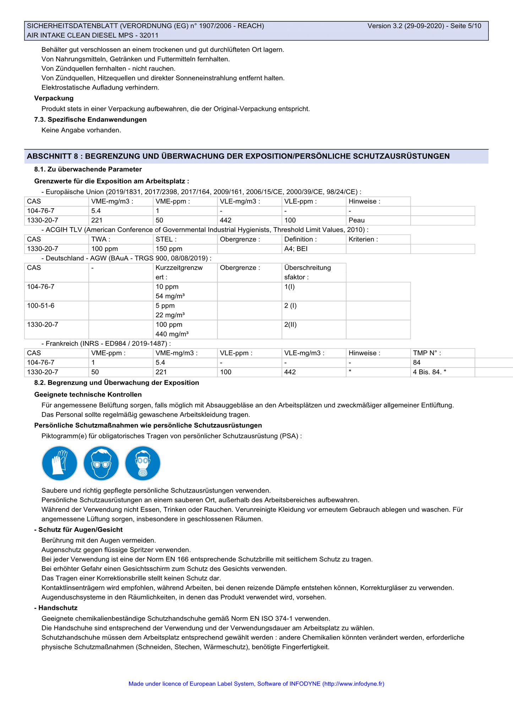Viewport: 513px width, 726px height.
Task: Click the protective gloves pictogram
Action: pos(60,463)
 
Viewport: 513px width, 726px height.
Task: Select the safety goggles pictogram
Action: pos(101,463)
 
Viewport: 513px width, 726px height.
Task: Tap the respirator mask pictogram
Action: pos(143,463)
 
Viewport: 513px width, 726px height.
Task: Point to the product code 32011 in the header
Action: pos(149,35)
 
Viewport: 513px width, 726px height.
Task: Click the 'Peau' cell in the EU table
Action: pos(356,220)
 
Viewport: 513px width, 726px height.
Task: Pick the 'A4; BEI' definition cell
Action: pos(296,249)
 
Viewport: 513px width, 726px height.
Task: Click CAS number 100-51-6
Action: pos(41,306)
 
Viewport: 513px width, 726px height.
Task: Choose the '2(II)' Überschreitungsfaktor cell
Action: pos(290,324)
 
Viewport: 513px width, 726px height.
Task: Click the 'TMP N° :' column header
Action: pos(427,353)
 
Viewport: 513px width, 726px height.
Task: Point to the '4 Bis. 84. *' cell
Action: pos(430,372)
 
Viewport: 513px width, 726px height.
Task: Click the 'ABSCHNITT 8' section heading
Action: pos(238,156)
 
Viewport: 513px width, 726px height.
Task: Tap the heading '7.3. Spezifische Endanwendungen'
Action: pos(91,119)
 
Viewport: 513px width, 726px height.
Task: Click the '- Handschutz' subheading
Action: pos(56,608)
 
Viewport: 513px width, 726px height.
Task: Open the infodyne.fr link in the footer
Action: pos(353,683)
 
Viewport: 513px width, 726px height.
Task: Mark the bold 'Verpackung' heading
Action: pos(54,98)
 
